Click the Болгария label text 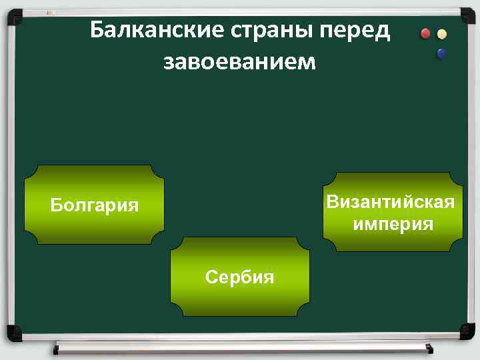95,205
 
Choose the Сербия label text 239,277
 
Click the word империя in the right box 393,224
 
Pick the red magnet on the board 426,34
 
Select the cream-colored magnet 441,34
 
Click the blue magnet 441,53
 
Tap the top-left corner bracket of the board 13,13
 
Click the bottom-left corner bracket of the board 13,331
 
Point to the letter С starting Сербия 211,277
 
